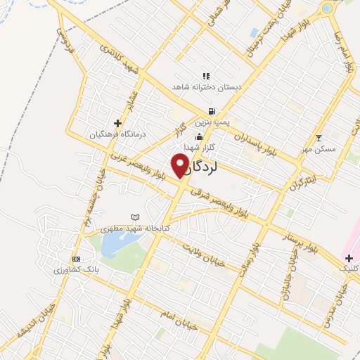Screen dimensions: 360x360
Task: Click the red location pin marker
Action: click(180, 166)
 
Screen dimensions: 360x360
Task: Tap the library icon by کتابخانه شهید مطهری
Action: click(136, 217)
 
